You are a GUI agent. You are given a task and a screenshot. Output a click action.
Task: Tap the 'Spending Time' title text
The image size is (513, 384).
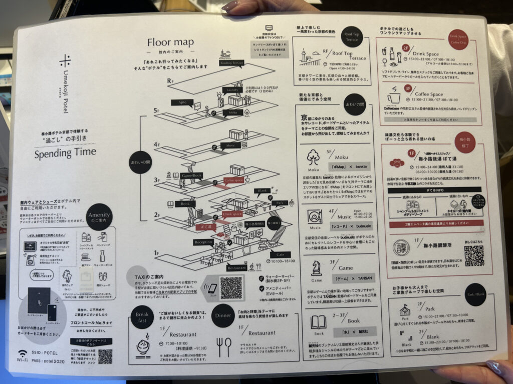(65, 153)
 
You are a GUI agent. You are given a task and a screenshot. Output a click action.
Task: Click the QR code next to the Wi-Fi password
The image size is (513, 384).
(105, 356)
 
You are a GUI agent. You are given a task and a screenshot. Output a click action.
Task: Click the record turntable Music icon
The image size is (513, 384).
(316, 216)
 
